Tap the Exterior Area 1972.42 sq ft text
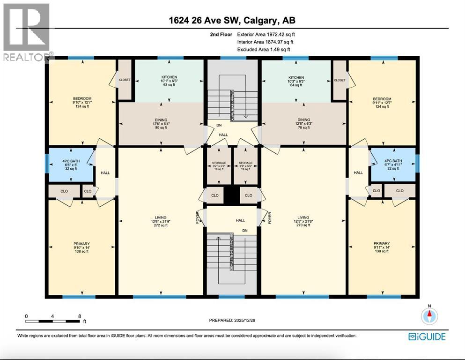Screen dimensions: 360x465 point(266,34)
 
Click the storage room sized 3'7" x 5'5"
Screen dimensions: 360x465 point(219,166)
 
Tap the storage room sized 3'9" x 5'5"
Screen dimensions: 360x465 point(245,166)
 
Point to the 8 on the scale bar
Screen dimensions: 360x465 point(80,316)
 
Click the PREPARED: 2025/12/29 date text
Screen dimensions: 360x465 point(232,320)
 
